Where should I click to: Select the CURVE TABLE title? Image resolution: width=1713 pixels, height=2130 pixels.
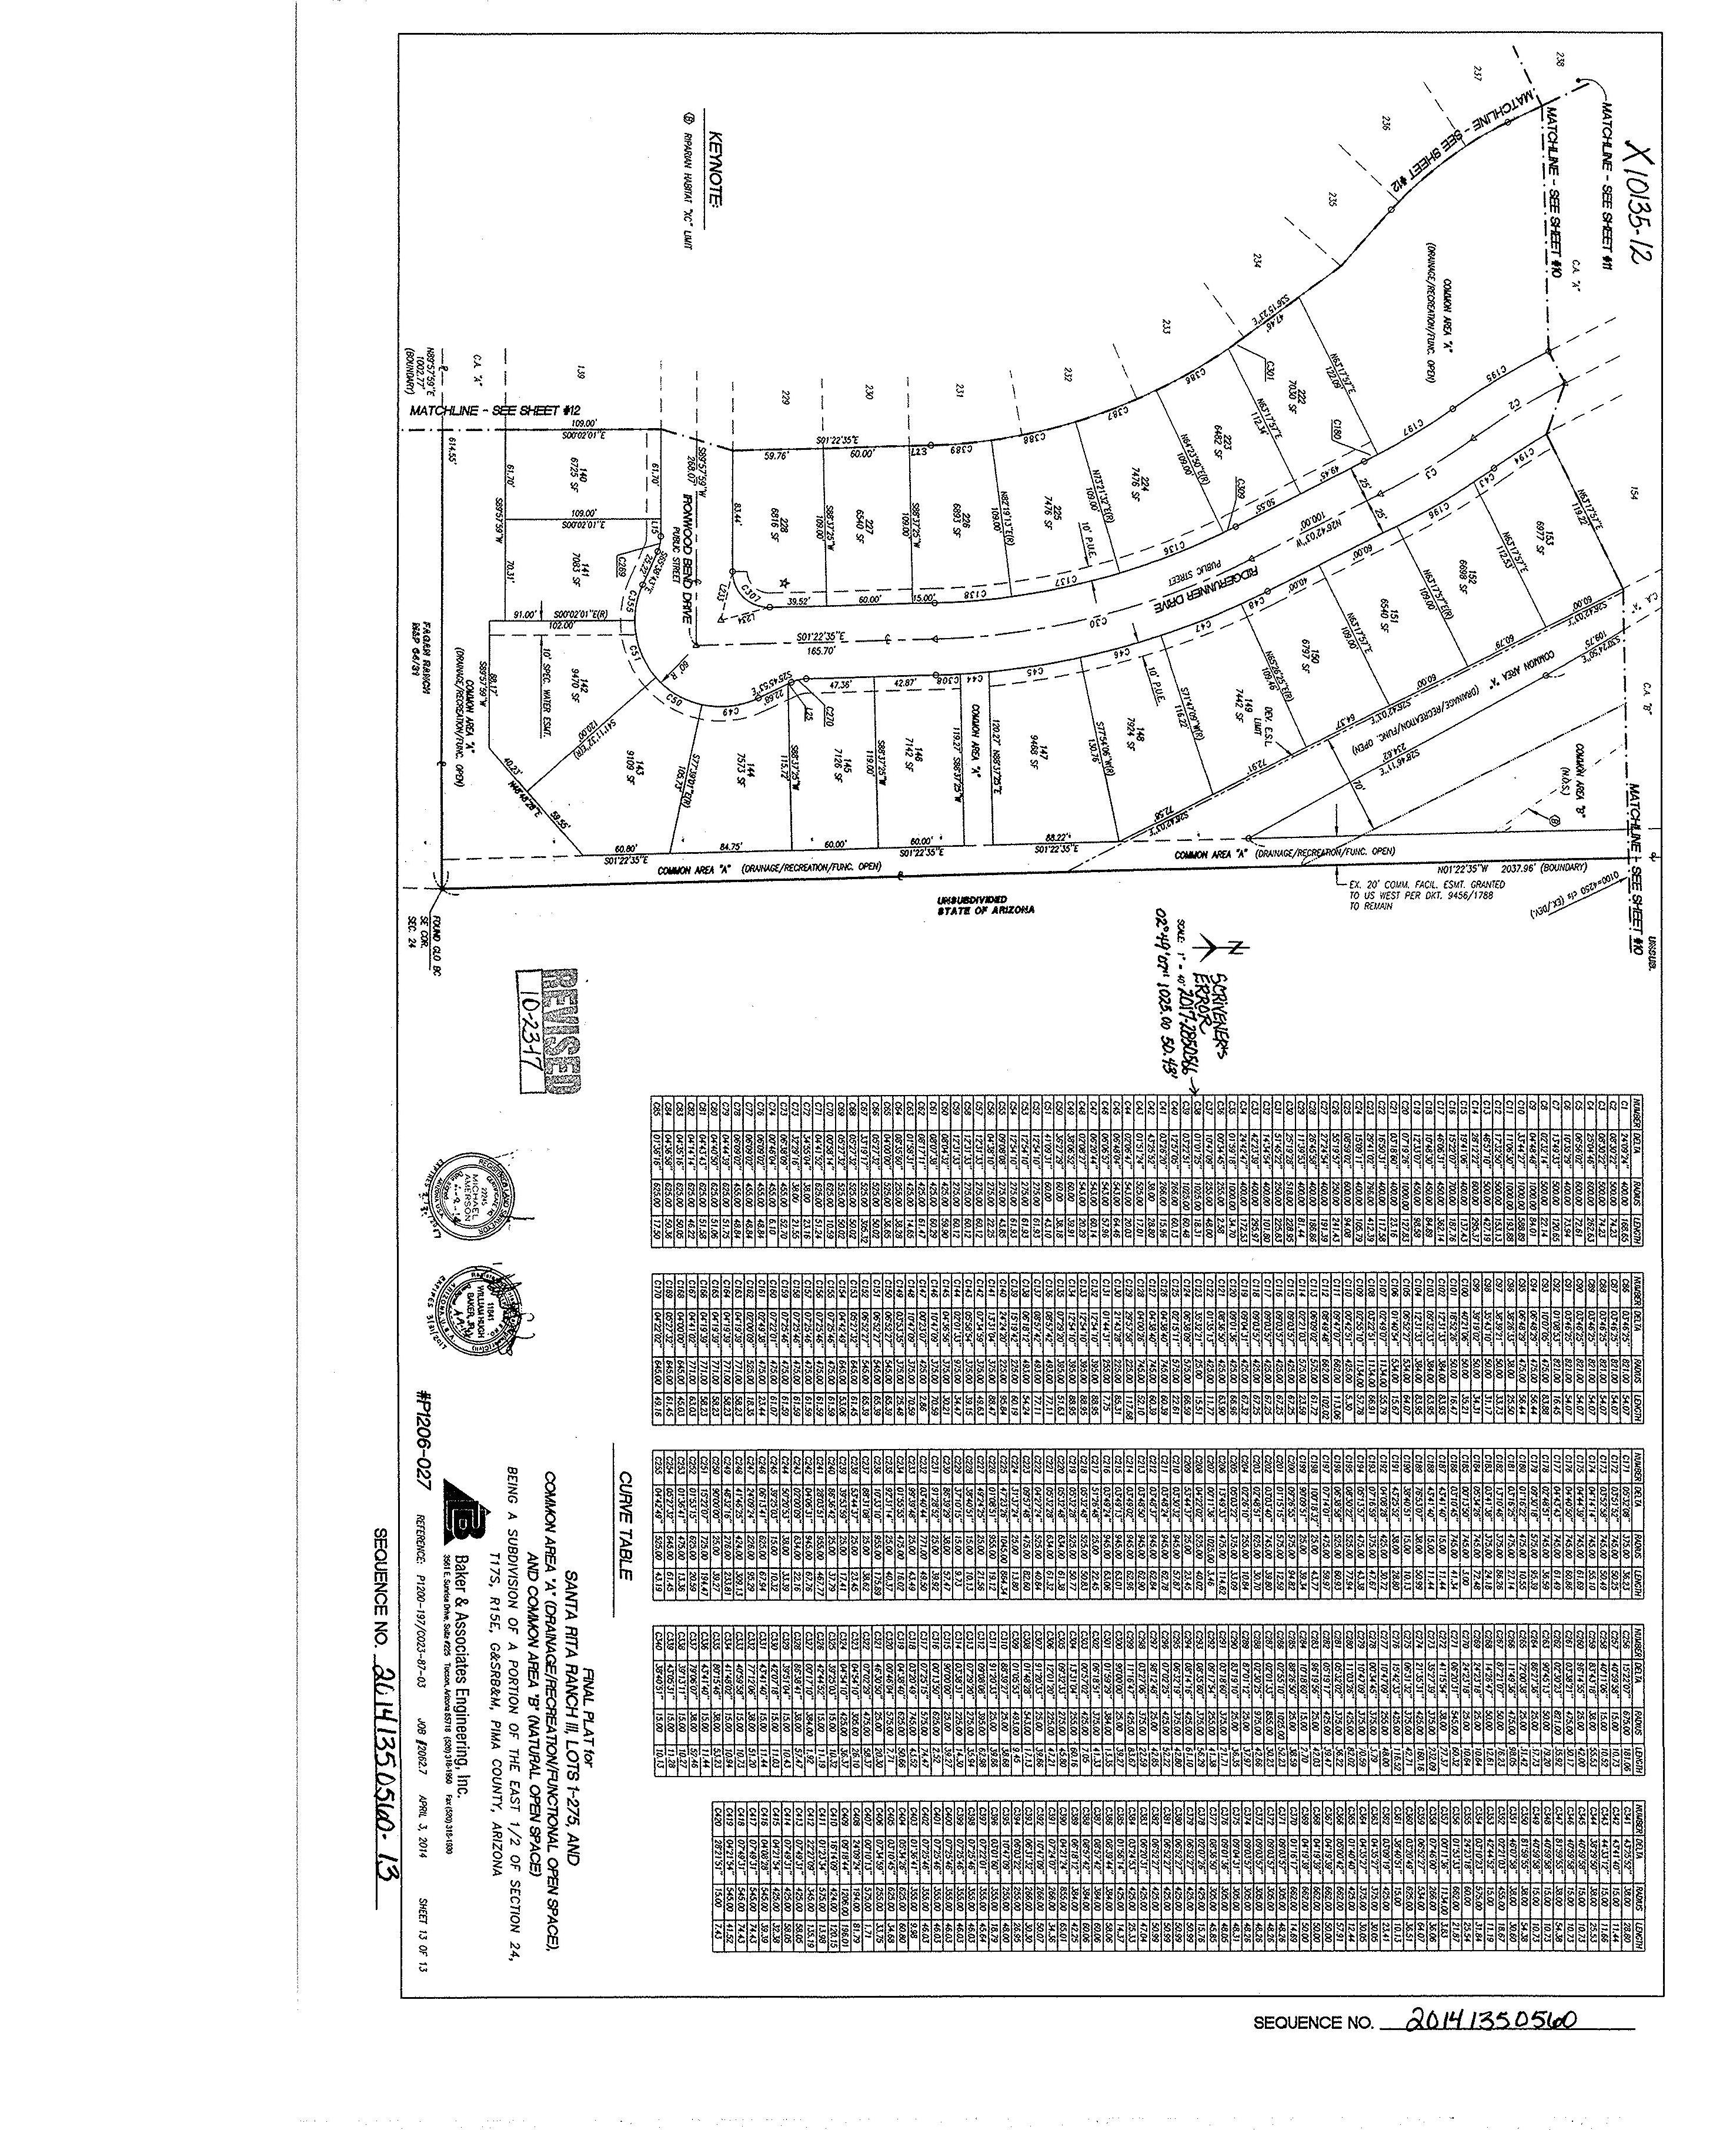(x=625, y=1524)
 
